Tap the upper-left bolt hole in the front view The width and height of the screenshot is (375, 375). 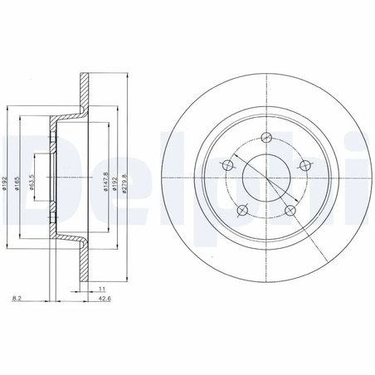[x=226, y=167]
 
